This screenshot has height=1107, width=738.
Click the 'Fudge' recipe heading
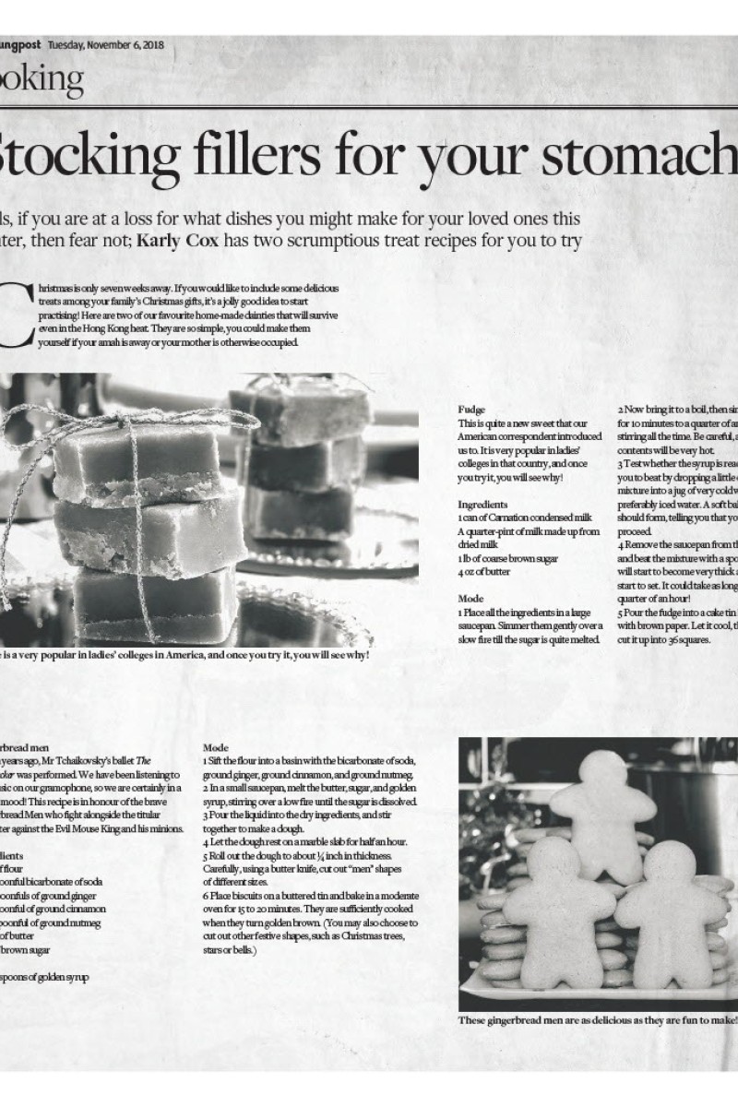coord(471,410)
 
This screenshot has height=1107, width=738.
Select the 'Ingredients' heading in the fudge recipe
coord(482,505)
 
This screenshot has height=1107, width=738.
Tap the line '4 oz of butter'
coord(484,571)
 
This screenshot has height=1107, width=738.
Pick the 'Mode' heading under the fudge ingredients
coord(470,599)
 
